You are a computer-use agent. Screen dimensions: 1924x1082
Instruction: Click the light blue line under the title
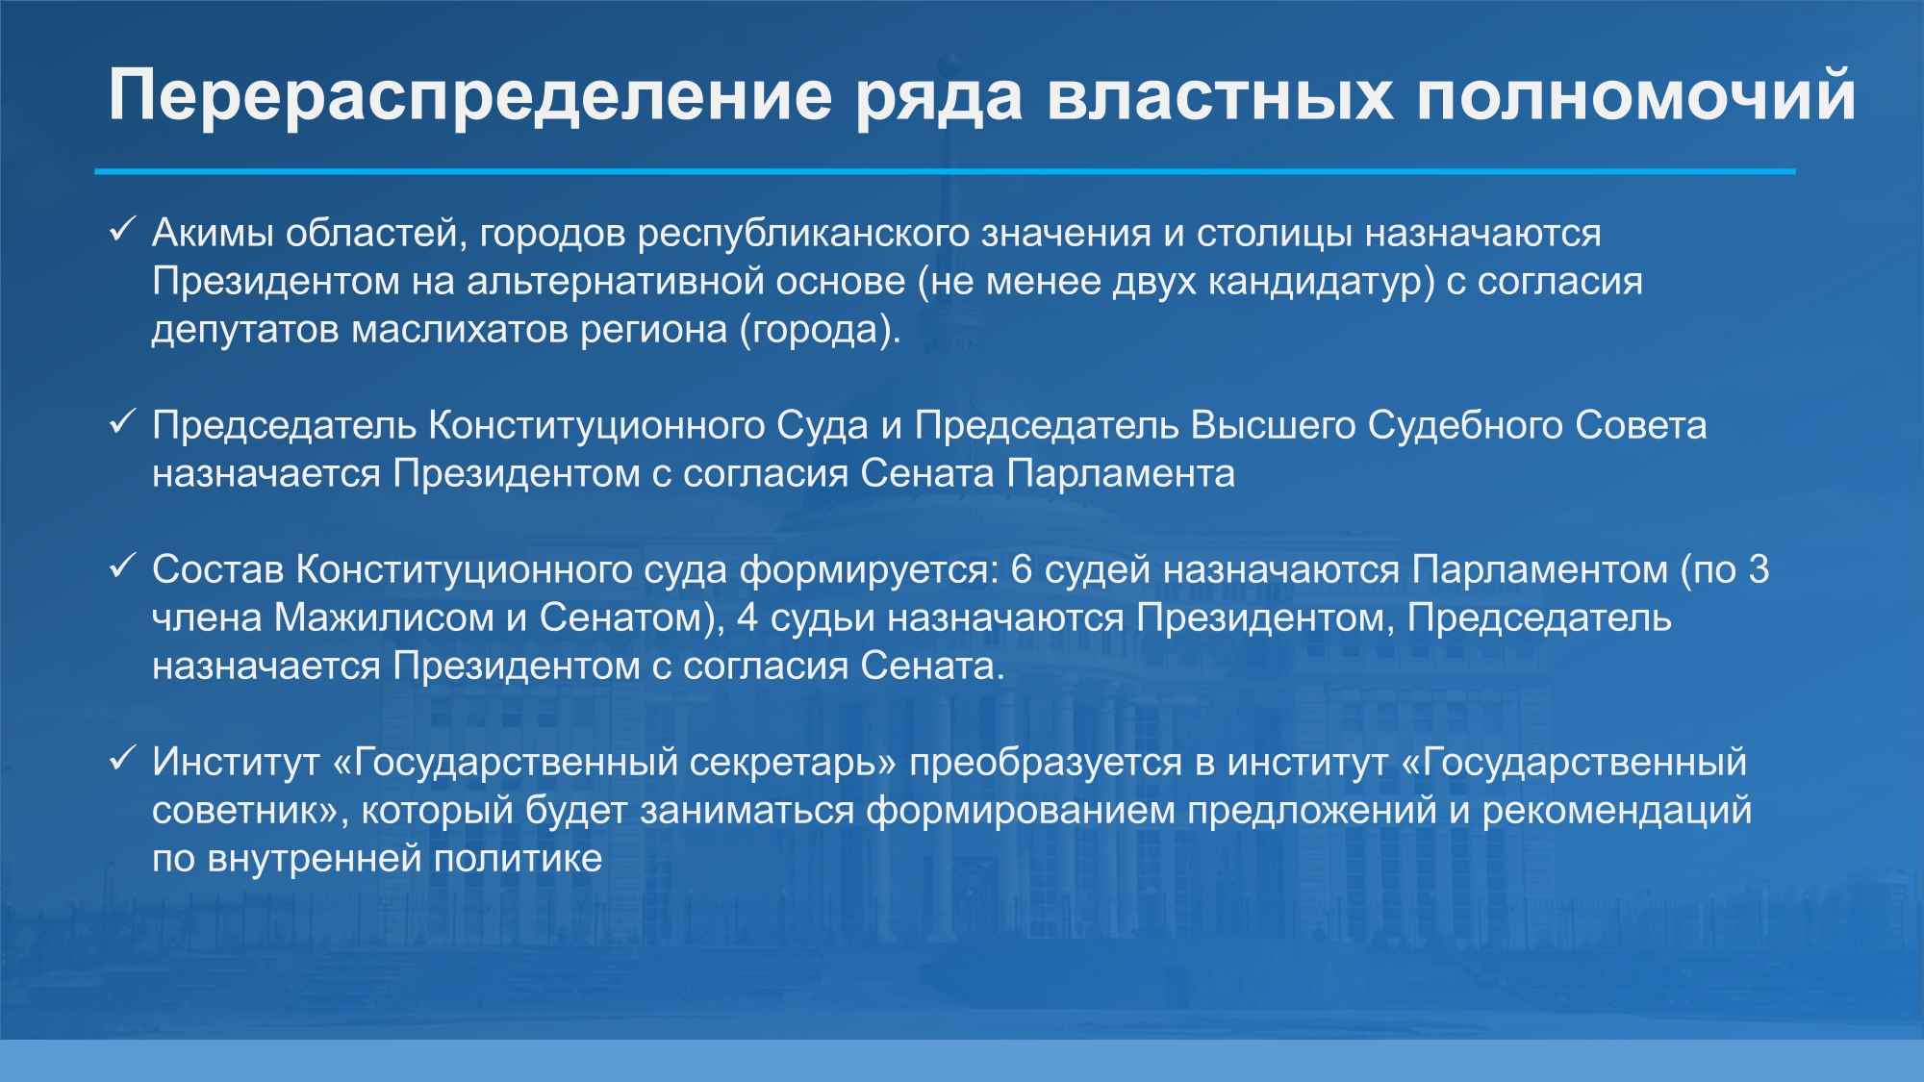pyautogui.click(x=945, y=171)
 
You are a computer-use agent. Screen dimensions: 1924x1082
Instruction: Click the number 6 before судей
pyautogui.click(x=1022, y=569)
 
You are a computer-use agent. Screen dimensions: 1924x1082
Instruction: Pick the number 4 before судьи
pyautogui.click(x=747, y=617)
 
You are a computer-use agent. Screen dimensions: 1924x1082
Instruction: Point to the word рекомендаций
pyautogui.click(x=1617, y=810)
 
